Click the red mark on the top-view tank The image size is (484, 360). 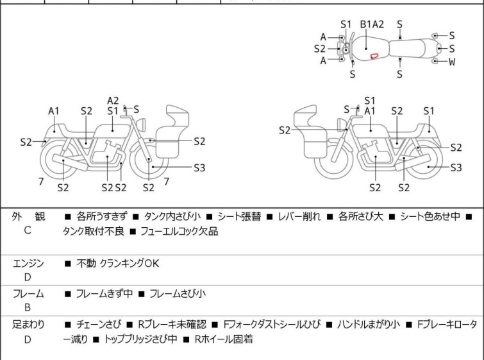374,56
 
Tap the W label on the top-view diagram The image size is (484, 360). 452,62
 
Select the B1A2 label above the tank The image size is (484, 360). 372,24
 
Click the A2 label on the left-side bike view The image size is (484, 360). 113,101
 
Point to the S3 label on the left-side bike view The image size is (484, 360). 199,167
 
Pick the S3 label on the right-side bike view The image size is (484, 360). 456,167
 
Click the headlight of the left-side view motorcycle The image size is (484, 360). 141,124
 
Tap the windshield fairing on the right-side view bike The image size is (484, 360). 305,116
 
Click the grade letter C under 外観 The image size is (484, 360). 28,230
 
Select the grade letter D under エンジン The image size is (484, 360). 28,277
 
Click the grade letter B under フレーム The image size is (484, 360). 28,307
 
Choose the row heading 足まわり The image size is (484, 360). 28,325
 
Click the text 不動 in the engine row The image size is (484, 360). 86,264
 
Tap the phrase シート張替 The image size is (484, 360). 240,217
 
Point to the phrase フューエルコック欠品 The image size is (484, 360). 179,231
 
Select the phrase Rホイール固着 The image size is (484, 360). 224,339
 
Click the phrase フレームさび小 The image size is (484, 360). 178,293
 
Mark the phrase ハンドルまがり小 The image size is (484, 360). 368,325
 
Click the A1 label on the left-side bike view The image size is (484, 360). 54,111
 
